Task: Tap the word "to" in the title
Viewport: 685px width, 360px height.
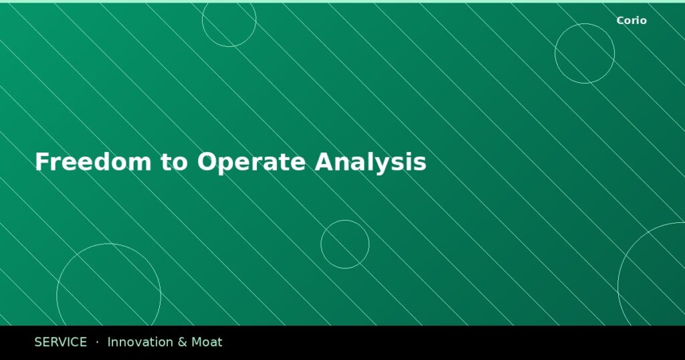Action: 175,162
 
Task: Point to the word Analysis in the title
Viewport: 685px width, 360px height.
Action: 371,162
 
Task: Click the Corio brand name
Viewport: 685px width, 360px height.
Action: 631,21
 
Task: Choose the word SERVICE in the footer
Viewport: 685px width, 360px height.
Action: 60,342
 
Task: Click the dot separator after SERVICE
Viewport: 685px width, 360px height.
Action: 97,342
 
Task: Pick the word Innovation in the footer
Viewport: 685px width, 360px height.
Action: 139,342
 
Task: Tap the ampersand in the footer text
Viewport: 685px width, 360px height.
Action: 183,342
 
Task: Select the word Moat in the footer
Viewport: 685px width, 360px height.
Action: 207,342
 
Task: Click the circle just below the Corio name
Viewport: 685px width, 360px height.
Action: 585,54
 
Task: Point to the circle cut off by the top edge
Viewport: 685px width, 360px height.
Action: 229,20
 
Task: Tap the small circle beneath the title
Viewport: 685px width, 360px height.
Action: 345,244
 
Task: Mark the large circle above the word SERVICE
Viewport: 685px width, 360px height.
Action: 108,294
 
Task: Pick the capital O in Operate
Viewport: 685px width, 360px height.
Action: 206,162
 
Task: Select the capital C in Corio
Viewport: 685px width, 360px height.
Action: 620,21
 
